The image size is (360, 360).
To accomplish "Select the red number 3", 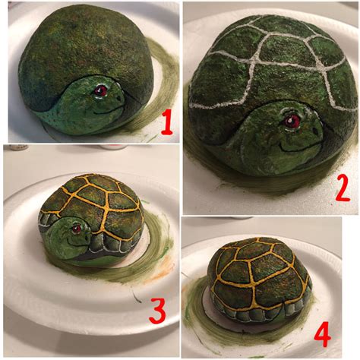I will (x=158, y=310).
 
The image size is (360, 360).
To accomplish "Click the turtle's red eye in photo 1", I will (x=99, y=90).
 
